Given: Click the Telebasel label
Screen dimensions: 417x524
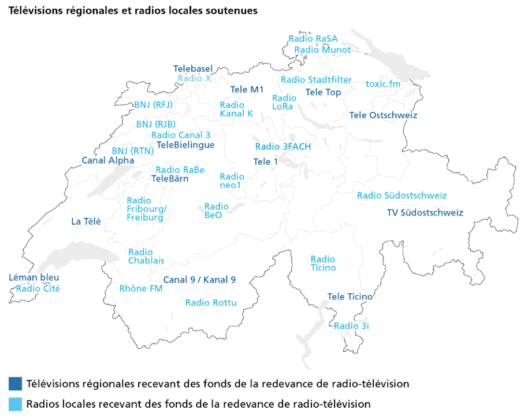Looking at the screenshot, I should (193, 68).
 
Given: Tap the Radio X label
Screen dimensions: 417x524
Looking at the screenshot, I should (194, 78).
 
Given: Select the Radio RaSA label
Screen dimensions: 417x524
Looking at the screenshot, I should (313, 39).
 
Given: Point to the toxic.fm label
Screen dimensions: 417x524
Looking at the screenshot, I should (383, 84).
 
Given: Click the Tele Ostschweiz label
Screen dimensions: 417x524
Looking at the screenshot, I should (383, 116).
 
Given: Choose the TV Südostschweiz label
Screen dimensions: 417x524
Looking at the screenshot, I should (425, 213).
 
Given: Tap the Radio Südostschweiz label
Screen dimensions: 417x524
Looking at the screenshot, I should (402, 196).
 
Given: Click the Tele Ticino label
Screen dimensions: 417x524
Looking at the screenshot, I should (350, 297).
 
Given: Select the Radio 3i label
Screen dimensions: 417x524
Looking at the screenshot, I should (351, 326).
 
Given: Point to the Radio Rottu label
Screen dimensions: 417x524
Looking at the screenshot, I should (211, 303).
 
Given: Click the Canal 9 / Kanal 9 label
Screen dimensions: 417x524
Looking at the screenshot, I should (199, 280).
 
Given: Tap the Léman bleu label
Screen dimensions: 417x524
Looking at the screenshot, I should (30, 278).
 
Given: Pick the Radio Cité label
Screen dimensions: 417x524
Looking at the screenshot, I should (38, 289).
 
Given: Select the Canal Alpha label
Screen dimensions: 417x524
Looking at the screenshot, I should (108, 161).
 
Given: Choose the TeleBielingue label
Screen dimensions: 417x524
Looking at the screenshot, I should (185, 145).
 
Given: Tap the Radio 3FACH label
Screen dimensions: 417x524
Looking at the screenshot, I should (283, 147).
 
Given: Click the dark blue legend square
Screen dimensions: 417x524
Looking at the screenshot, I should (16, 384).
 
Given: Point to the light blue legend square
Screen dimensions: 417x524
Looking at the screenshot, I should (16, 403).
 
